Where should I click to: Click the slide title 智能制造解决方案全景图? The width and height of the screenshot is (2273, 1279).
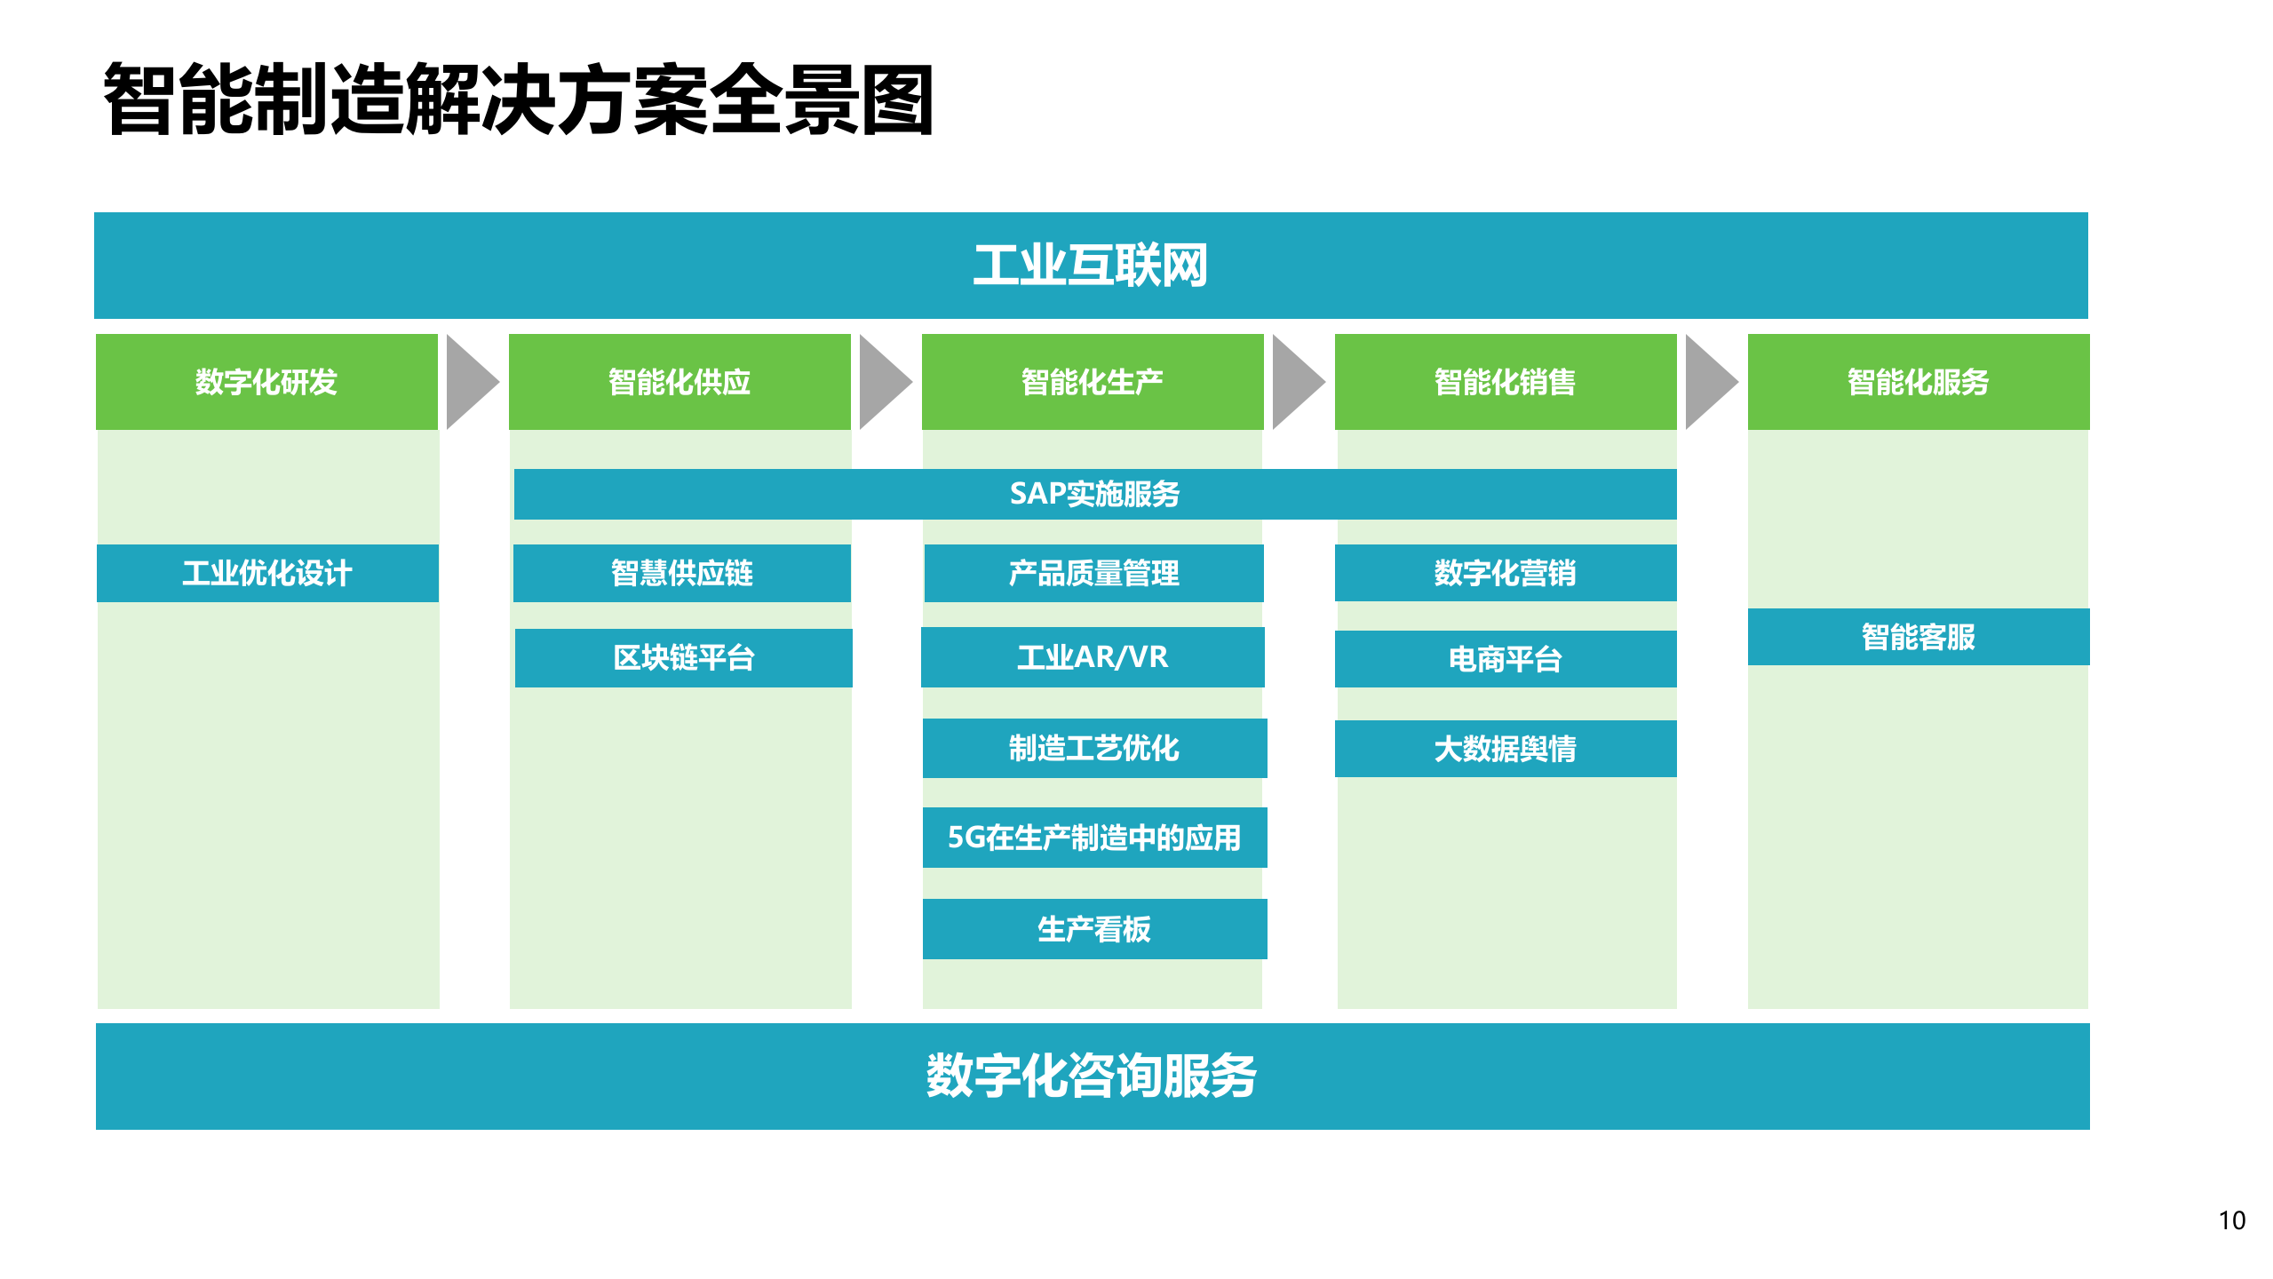point(519,99)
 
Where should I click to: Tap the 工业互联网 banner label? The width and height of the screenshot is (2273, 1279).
point(1091,265)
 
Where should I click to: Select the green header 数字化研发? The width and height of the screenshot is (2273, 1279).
point(266,382)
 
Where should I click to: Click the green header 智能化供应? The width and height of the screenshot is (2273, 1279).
point(680,382)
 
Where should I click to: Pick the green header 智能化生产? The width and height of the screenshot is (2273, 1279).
point(1093,382)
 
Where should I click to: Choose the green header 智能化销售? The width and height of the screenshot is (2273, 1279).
point(1506,382)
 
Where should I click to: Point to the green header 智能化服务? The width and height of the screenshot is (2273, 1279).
point(1919,382)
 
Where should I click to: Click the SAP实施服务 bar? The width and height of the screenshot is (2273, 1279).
point(1094,494)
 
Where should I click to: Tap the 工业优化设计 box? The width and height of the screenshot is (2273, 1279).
point(267,573)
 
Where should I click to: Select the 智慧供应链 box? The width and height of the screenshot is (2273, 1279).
point(682,573)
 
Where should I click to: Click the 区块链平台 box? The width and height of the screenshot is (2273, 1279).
point(684,658)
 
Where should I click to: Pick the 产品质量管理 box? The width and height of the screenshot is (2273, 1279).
point(1094,573)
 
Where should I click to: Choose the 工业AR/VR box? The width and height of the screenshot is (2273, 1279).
point(1093,657)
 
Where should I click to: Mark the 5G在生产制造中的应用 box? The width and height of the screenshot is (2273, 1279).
point(1094,838)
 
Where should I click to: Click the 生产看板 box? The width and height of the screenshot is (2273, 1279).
point(1094,929)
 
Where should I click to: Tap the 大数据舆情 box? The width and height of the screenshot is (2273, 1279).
point(1506,749)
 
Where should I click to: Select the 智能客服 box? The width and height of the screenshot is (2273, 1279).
point(1919,637)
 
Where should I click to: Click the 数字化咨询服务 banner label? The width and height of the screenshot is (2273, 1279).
point(1092,1076)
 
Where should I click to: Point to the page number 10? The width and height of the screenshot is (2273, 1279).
point(2231,1220)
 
